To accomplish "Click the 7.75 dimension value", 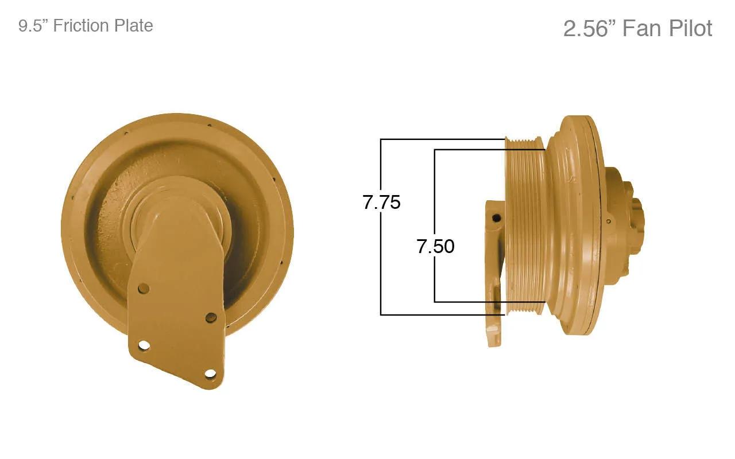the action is (381, 203).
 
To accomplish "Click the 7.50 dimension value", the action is (435, 247).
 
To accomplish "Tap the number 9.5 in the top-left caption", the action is (32, 26).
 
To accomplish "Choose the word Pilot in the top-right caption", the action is (690, 28).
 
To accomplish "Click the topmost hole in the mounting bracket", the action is (144, 289).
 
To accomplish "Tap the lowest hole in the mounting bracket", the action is (210, 374).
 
